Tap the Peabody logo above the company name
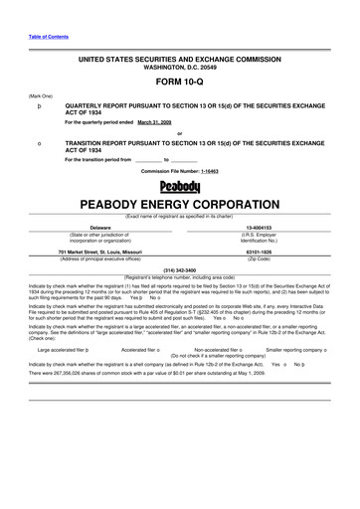coord(179,185)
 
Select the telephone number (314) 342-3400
coord(179,269)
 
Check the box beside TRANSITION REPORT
coord(38,143)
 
